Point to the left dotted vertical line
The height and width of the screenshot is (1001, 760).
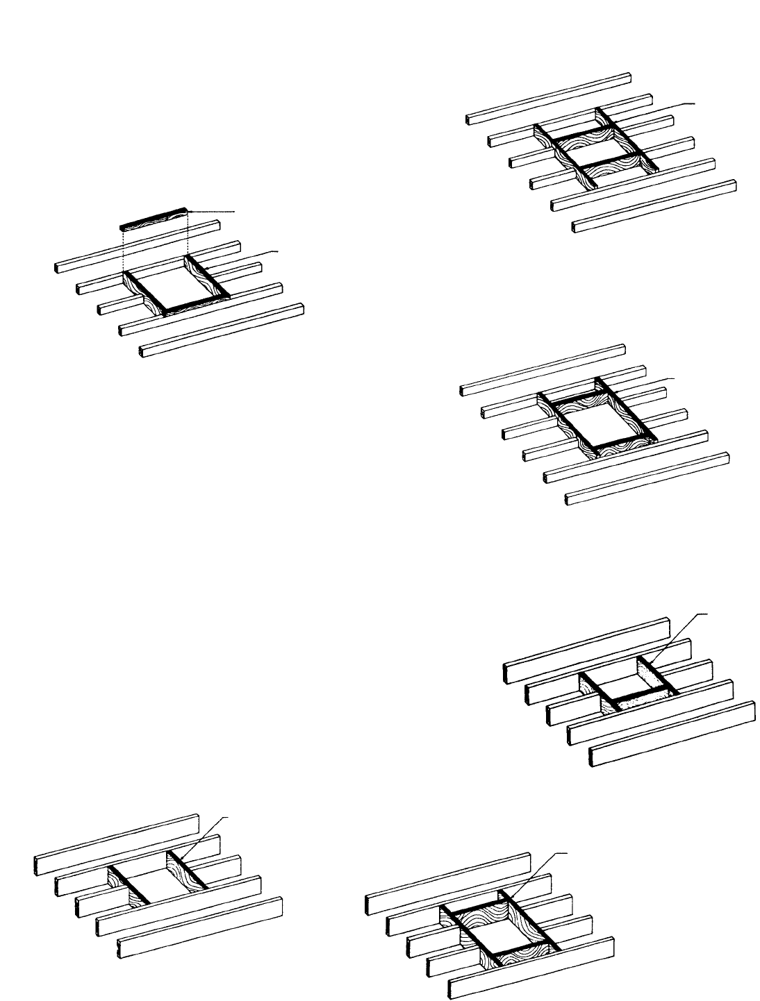coord(123,250)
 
